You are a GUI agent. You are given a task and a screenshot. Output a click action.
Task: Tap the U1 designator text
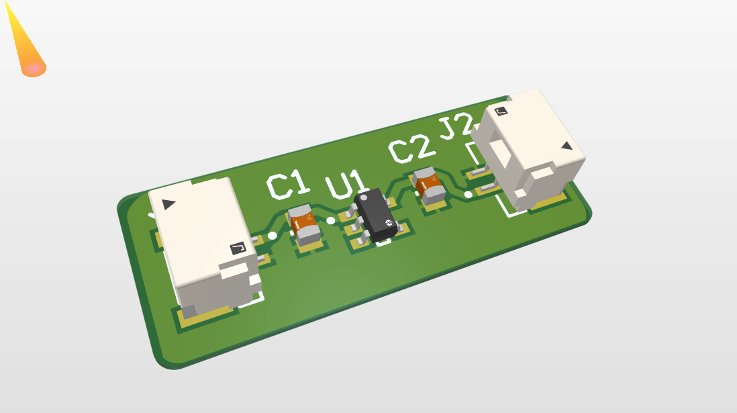347,185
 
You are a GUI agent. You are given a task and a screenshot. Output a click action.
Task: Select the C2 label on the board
409,150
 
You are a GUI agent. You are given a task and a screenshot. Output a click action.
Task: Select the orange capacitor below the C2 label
429,185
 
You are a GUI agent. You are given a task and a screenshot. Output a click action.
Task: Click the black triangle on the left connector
168,203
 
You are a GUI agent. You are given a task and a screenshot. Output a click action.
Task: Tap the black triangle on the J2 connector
567,145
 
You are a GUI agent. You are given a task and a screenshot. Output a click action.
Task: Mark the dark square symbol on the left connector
238,250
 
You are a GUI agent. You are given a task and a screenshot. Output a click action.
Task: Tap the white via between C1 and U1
331,221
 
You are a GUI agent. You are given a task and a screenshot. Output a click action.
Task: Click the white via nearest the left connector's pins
272,236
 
